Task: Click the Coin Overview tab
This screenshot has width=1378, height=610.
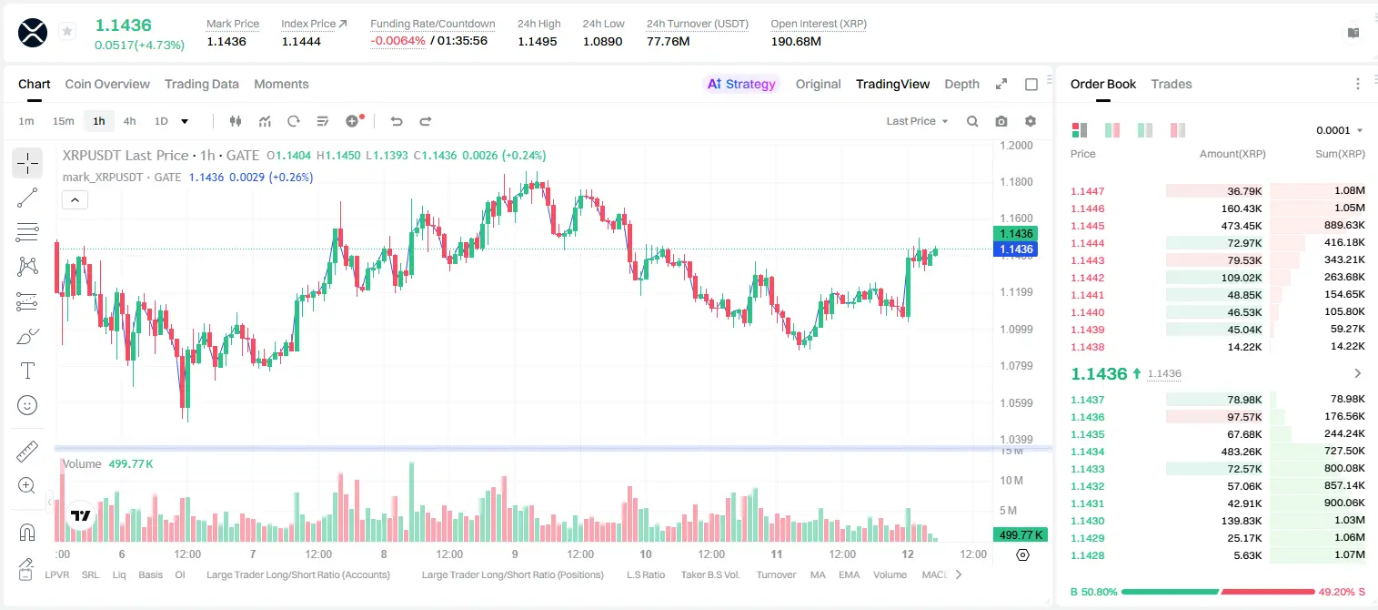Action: pos(107,84)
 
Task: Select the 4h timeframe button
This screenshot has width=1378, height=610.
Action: pos(129,121)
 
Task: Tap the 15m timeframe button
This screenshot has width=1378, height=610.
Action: pos(64,121)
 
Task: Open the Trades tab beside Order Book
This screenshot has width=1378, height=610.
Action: pos(1172,84)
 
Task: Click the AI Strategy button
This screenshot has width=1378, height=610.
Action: pos(741,84)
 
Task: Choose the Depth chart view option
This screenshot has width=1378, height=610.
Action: pos(961,84)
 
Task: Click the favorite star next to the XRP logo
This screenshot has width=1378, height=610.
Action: pos(67,31)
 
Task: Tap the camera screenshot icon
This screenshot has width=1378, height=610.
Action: pos(1001,121)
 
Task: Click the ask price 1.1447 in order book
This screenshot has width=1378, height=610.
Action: pos(1088,191)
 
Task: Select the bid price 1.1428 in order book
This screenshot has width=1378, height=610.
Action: pos(1088,555)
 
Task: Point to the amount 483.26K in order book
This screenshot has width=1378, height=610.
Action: pos(1241,452)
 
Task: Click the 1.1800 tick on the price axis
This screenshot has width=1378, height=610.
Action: pos(1016,181)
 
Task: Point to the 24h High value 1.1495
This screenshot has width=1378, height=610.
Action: pos(537,41)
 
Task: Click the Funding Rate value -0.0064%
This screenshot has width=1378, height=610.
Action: pos(397,41)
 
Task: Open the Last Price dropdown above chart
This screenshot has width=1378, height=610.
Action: pos(917,121)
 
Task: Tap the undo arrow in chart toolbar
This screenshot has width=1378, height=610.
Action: pos(397,121)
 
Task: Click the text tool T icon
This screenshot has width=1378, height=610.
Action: pos(27,371)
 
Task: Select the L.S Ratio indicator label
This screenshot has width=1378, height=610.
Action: pos(645,574)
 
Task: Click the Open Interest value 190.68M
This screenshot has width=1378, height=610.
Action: pos(796,41)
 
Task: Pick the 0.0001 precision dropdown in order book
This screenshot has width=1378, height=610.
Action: pos(1339,130)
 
